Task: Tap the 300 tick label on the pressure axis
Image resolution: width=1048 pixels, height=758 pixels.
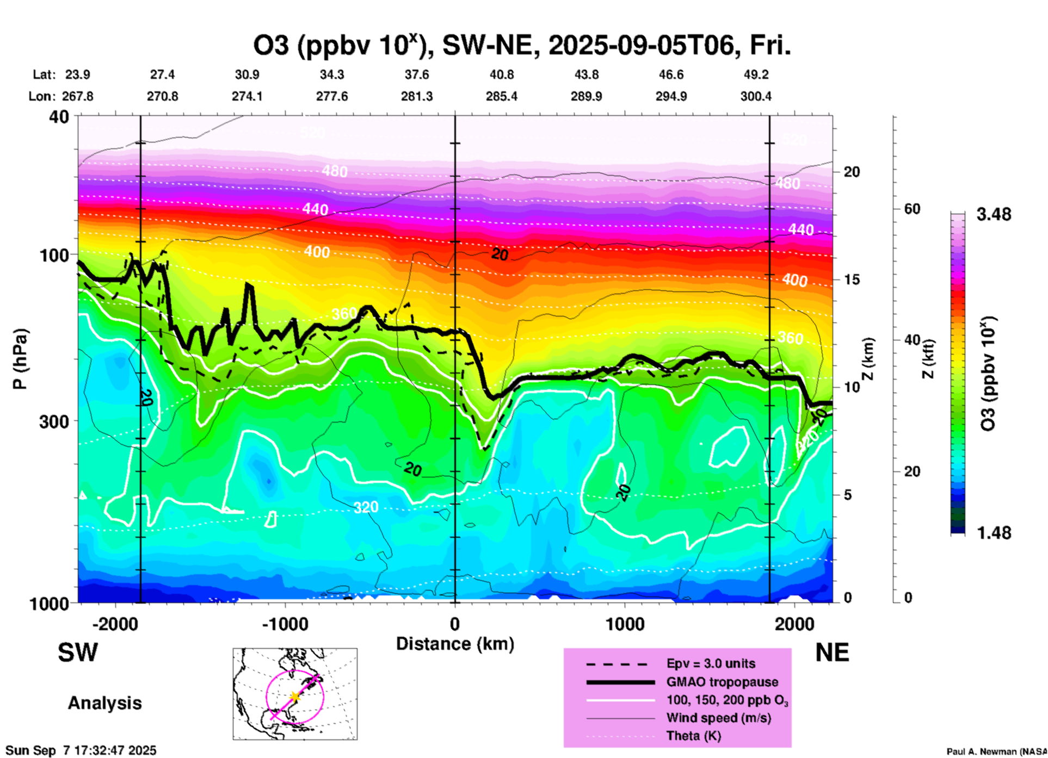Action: (x=54, y=421)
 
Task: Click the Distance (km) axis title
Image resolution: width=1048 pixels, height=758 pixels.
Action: (x=455, y=644)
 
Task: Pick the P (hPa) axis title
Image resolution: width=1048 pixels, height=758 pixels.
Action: (x=20, y=359)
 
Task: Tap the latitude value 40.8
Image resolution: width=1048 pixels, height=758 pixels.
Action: (x=502, y=74)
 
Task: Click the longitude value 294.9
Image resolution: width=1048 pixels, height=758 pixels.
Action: (x=671, y=96)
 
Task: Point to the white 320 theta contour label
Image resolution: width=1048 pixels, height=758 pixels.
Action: (x=366, y=507)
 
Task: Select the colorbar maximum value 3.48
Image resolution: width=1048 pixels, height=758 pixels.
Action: (x=994, y=215)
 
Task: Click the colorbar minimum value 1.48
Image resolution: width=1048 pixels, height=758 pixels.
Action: (x=994, y=533)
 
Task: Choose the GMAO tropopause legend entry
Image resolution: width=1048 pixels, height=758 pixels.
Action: (x=722, y=682)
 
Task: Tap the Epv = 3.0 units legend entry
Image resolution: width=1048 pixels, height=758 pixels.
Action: (x=711, y=664)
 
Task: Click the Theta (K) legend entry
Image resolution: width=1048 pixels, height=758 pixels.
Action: (x=693, y=736)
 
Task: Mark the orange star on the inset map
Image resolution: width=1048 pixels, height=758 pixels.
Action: (x=294, y=697)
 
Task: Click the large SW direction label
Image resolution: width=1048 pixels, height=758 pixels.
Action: (x=78, y=653)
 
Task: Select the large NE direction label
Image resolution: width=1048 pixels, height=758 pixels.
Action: (x=832, y=653)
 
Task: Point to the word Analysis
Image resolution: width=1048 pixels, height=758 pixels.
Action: (x=104, y=703)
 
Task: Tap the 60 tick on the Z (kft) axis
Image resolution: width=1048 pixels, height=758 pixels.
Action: (x=912, y=209)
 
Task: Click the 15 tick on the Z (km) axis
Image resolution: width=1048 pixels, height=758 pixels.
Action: (x=852, y=279)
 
